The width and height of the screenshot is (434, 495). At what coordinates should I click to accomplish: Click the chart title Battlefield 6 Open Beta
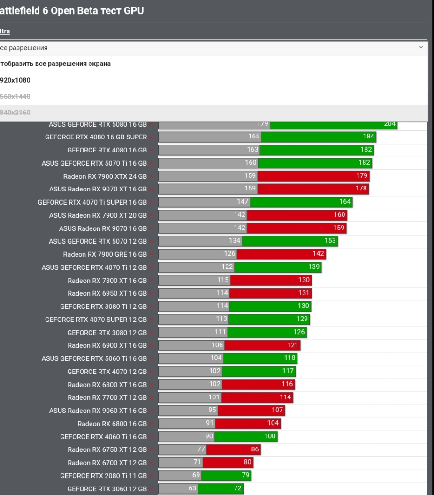tap(70, 11)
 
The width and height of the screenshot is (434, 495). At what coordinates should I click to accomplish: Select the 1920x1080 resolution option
tap(15, 80)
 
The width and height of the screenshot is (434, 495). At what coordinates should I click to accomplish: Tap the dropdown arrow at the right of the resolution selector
tap(420, 47)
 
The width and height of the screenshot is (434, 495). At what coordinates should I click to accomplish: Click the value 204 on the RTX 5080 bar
tap(389, 124)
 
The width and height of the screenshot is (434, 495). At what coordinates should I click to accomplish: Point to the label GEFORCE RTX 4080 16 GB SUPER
tap(96, 137)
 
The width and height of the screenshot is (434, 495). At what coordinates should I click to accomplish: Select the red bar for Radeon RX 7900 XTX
tap(313, 176)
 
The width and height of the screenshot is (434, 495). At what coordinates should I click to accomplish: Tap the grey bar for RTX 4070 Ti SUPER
tap(204, 202)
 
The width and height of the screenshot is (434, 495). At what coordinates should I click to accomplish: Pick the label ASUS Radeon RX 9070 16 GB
tap(103, 228)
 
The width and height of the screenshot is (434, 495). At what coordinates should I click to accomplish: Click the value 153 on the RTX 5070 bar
tap(330, 241)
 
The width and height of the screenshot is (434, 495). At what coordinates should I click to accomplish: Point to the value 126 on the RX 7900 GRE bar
tap(229, 254)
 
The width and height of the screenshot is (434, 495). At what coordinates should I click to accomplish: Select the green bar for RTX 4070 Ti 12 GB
tap(278, 267)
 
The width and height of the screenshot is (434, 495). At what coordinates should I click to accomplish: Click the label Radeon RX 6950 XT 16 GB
tap(107, 293)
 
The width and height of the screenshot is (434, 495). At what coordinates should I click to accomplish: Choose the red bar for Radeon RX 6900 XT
tap(262, 345)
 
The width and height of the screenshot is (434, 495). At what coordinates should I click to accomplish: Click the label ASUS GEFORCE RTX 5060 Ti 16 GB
tap(94, 358)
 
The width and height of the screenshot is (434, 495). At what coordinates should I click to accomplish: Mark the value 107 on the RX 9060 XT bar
tap(277, 410)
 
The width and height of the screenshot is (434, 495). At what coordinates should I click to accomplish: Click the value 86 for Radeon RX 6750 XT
tap(255, 449)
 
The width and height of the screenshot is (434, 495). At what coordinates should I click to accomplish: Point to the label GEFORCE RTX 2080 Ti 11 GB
tap(103, 476)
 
